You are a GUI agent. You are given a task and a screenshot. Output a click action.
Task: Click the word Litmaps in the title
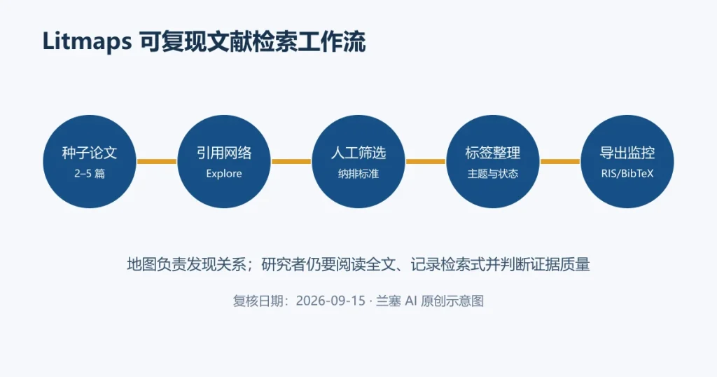tap(87, 42)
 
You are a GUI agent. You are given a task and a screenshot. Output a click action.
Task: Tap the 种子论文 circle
tap(90, 161)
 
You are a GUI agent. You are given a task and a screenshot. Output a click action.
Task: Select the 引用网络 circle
tap(224, 161)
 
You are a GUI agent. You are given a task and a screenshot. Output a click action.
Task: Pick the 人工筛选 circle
tap(358, 161)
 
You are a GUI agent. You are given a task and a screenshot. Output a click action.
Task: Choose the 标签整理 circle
tap(493, 161)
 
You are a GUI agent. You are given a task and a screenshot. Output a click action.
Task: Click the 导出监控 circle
tap(627, 161)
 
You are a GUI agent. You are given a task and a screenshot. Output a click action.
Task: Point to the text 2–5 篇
tap(90, 174)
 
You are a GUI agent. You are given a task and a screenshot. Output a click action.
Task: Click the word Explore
tap(224, 174)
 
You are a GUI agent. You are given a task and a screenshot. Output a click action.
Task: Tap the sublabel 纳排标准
tap(358, 174)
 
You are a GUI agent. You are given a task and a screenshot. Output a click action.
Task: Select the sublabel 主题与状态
tap(493, 174)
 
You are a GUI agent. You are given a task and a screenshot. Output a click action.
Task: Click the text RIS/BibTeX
tap(627, 174)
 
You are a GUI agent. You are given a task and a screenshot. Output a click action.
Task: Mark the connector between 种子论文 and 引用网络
tap(157, 161)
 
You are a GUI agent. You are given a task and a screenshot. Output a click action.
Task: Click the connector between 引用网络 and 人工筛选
tap(291, 161)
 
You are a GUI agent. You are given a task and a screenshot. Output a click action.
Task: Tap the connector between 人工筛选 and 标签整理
tap(426, 161)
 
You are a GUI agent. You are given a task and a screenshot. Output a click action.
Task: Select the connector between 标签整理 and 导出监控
tap(560, 161)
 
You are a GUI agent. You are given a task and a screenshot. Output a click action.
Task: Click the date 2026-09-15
tap(330, 301)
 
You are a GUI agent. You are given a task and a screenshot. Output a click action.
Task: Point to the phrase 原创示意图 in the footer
tap(452, 301)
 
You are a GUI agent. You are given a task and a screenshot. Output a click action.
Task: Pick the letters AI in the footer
tap(411, 301)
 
